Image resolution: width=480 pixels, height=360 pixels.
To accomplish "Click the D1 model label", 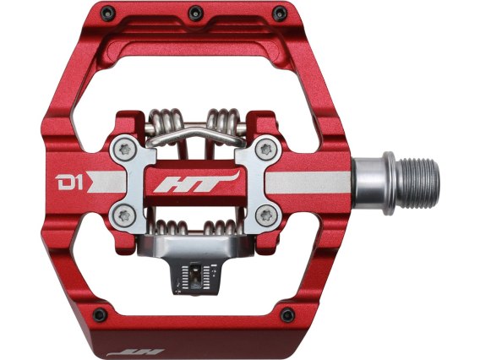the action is [x=69, y=183].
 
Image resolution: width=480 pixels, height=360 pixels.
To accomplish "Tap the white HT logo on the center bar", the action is [x=196, y=183].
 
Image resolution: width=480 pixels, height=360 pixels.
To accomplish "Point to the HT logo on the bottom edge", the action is [x=135, y=353].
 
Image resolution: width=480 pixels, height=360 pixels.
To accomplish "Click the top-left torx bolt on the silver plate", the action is [x=125, y=149].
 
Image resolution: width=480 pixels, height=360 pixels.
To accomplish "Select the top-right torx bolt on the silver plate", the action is [x=266, y=150].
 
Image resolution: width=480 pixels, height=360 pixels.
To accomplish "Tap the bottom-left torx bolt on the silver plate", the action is [x=124, y=215].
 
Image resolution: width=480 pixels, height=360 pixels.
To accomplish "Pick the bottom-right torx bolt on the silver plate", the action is [x=267, y=215].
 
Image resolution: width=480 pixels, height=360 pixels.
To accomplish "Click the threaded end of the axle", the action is [x=422, y=183].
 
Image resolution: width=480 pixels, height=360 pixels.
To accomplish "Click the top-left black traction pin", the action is [x=108, y=14].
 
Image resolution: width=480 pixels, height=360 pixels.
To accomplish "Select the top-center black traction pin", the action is [x=195, y=13].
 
